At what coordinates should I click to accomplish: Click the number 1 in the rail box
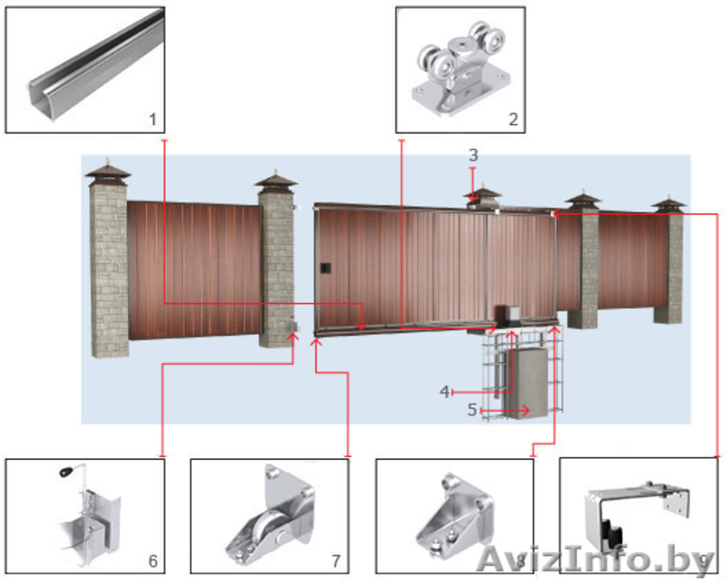(153, 120)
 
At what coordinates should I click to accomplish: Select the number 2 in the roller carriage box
(513, 119)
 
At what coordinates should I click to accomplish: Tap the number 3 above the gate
(473, 154)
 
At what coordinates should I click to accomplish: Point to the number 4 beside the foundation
(444, 392)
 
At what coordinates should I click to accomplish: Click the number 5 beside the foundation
(472, 410)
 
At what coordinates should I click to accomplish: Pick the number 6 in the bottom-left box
(153, 561)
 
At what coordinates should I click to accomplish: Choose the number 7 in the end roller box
(336, 561)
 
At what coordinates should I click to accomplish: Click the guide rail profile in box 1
(97, 66)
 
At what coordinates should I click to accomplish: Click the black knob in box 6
(66, 473)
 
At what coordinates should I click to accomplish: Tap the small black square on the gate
(325, 268)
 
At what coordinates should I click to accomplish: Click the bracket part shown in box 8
(455, 515)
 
